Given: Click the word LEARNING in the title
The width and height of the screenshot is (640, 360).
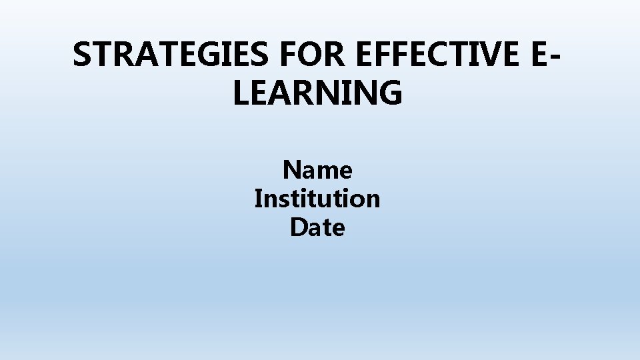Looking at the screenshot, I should point(318,93).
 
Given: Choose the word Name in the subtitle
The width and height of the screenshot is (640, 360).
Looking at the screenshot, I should point(317,171).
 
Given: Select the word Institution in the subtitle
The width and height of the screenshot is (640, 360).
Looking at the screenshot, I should point(317,199).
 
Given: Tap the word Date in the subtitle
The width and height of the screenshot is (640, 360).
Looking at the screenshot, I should point(317,228).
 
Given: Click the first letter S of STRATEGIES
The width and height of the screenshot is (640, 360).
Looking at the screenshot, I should point(82,55).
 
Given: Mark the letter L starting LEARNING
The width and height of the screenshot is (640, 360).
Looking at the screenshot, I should point(241,93).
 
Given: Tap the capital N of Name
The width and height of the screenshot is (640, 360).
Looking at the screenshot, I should point(291,171).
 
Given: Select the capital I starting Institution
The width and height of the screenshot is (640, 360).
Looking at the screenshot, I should point(258,199).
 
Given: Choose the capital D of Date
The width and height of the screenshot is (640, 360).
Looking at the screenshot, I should point(299,228).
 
